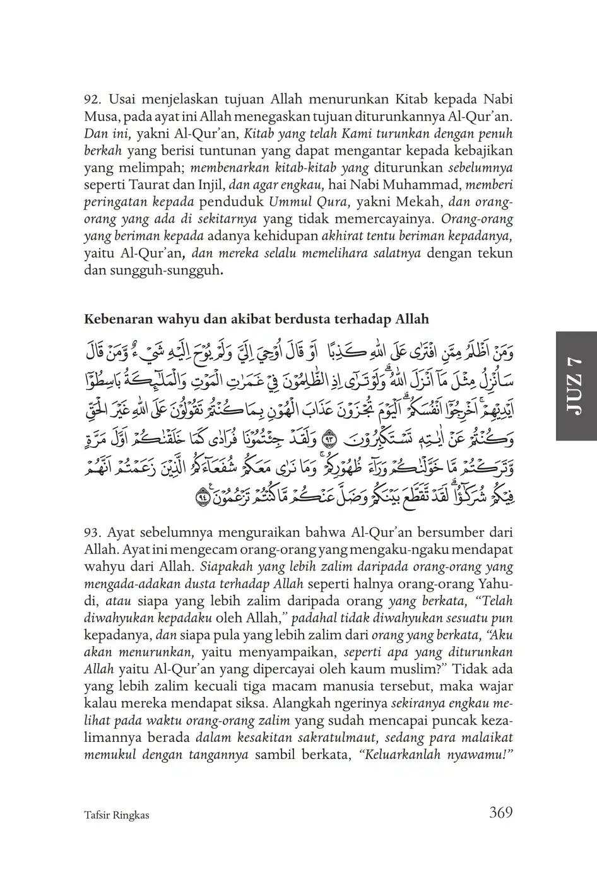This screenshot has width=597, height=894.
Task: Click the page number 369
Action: coord(500,812)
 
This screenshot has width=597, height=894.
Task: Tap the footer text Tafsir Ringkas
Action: coord(117,815)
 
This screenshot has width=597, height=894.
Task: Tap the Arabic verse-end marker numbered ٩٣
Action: coord(329,436)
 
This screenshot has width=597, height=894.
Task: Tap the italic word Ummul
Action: coord(288,203)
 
